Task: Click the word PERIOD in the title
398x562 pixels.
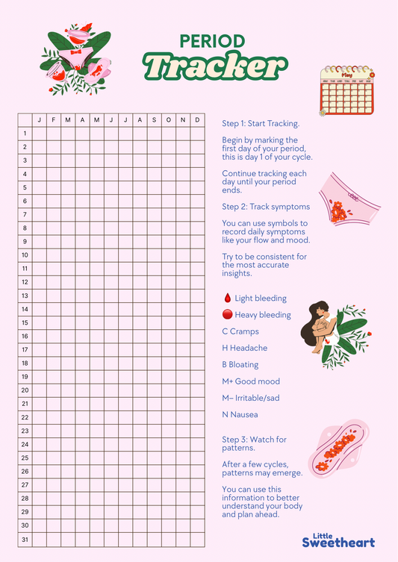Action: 212,41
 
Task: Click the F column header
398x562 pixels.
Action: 53,120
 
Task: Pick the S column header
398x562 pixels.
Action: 155,120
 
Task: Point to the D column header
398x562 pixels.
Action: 197,120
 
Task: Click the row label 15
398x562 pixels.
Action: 25,322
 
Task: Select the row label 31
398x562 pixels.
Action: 25,539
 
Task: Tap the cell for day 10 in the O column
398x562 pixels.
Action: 169,255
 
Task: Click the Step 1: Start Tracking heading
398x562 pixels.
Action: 261,123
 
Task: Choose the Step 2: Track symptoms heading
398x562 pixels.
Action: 266,206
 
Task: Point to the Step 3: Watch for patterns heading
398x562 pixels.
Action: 254,443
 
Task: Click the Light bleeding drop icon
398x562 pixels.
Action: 227,298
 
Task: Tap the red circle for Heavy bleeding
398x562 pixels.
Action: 227,315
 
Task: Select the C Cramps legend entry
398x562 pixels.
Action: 240,331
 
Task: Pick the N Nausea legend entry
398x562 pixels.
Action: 240,414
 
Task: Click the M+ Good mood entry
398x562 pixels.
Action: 250,381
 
